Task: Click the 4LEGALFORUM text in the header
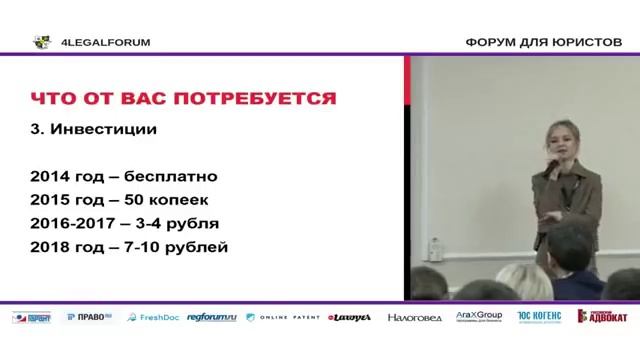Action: click(107, 42)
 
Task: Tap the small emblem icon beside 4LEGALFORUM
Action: click(41, 42)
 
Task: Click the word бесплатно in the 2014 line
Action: click(177, 176)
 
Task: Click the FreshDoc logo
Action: click(150, 317)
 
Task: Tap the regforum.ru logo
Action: click(211, 317)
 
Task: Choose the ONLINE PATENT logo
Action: click(284, 317)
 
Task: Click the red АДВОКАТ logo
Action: click(602, 317)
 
